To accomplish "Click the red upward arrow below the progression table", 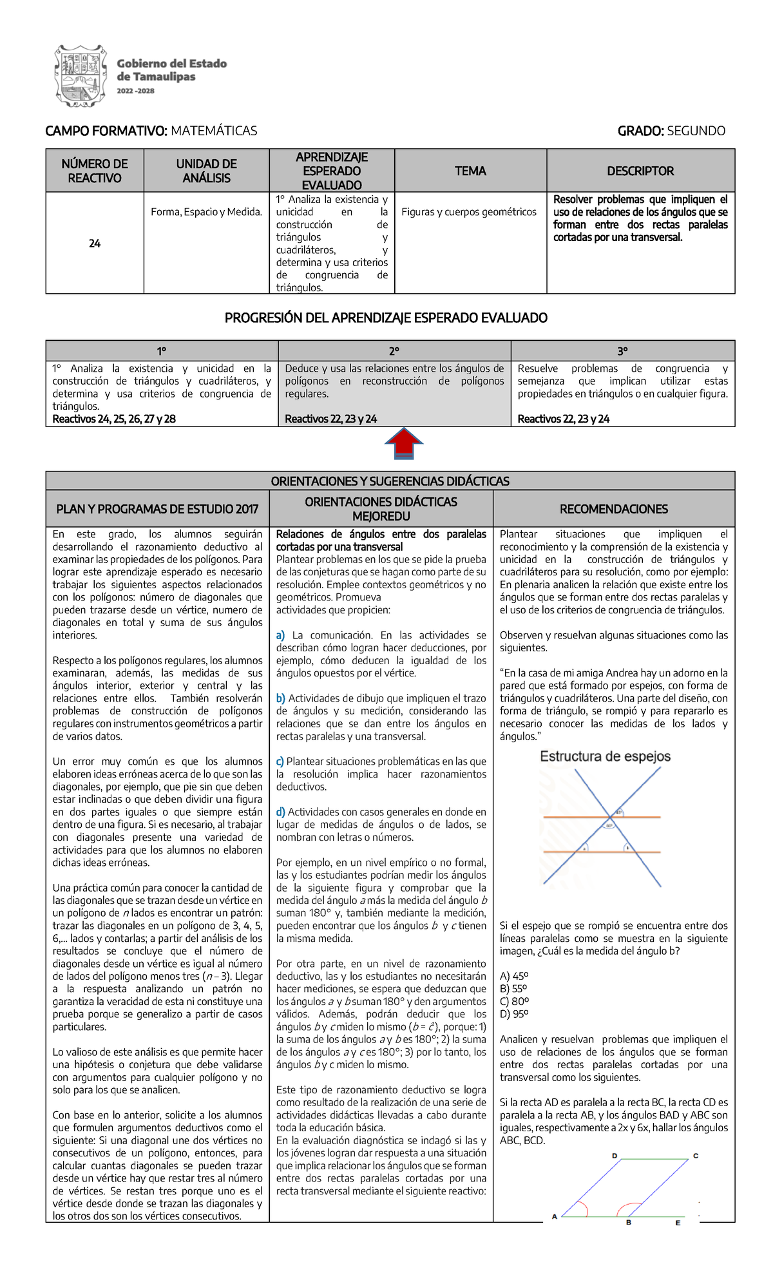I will click(403, 443).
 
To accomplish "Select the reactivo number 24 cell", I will click(95, 244).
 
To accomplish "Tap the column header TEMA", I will click(470, 171).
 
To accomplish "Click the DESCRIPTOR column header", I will click(640, 171).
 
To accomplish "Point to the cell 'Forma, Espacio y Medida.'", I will click(206, 212).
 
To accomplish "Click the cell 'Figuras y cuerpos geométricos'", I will click(469, 212).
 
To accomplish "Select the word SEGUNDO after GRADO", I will click(696, 131).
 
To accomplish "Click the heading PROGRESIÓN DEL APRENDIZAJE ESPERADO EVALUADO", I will click(386, 318).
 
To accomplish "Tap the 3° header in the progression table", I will click(622, 351).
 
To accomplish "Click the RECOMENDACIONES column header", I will click(613, 509).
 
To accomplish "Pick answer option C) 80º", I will click(514, 1001).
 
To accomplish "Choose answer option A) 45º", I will click(514, 976).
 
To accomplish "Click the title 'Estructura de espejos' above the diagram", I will click(605, 756).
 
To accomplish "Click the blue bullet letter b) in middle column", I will click(280, 698).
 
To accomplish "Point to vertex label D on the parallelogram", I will click(615, 1156).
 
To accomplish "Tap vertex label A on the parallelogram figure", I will click(554, 1217).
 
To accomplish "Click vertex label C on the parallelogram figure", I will click(696, 1156).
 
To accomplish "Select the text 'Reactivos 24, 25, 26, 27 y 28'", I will click(114, 419).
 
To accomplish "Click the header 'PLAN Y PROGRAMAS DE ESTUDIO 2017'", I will click(157, 509).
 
